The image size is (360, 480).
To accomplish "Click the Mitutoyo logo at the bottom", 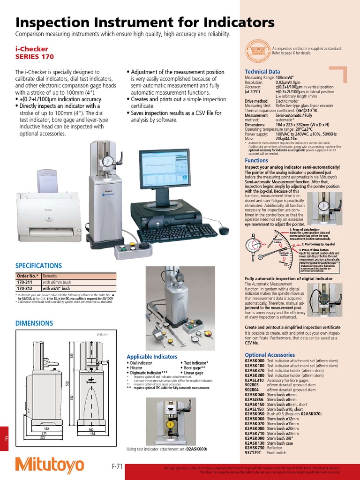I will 50,465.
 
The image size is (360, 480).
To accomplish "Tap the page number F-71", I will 117,466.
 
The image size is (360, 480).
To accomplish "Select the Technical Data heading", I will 262,71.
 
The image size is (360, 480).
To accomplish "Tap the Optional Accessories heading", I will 270,355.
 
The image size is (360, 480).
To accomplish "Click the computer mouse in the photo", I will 224,231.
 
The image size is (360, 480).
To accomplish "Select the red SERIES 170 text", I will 35,57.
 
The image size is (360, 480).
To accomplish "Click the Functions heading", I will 256,160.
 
